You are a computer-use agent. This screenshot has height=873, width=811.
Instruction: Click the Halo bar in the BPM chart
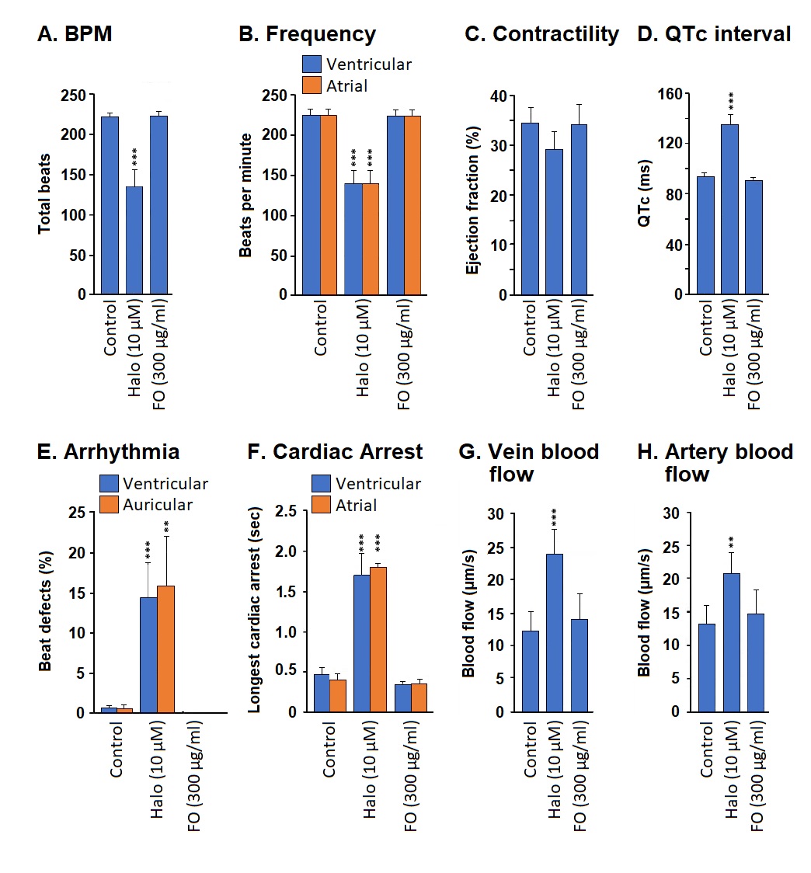[x=134, y=241]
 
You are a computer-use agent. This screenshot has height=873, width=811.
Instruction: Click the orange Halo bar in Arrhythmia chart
[x=165, y=644]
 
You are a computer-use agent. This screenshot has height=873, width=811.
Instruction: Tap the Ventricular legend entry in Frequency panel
[x=357, y=64]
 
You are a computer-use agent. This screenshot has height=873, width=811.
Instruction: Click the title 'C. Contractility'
[x=541, y=35]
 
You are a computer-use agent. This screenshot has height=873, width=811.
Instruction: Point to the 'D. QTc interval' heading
[x=714, y=35]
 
